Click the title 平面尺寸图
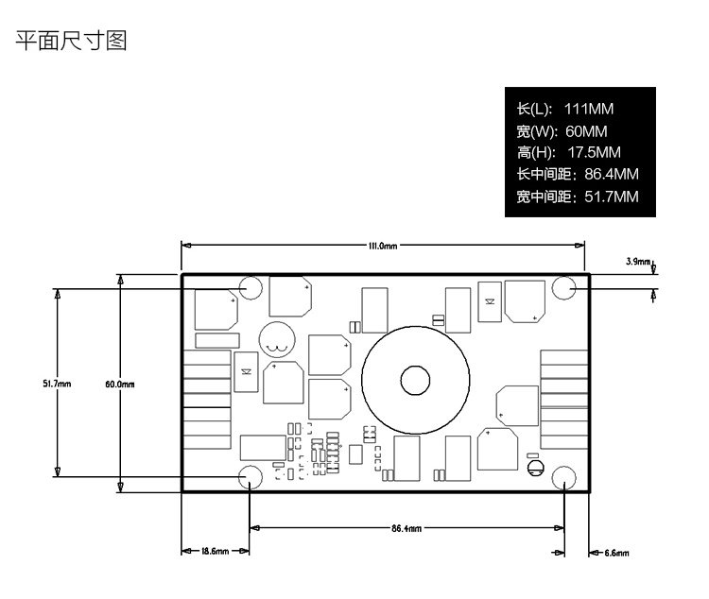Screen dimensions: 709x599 point(71,41)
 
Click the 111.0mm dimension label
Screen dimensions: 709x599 point(382,246)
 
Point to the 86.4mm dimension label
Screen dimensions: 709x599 point(406,528)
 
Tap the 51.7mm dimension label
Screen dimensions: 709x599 point(57,384)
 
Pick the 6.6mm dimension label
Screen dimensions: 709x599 point(615,552)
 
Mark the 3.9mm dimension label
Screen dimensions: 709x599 point(638,261)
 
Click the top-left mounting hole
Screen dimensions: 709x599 point(252,287)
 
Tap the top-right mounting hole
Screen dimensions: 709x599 point(564,287)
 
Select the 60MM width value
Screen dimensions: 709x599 point(586,130)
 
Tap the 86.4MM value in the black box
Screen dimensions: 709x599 point(612,174)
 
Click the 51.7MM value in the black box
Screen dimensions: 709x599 point(612,197)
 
